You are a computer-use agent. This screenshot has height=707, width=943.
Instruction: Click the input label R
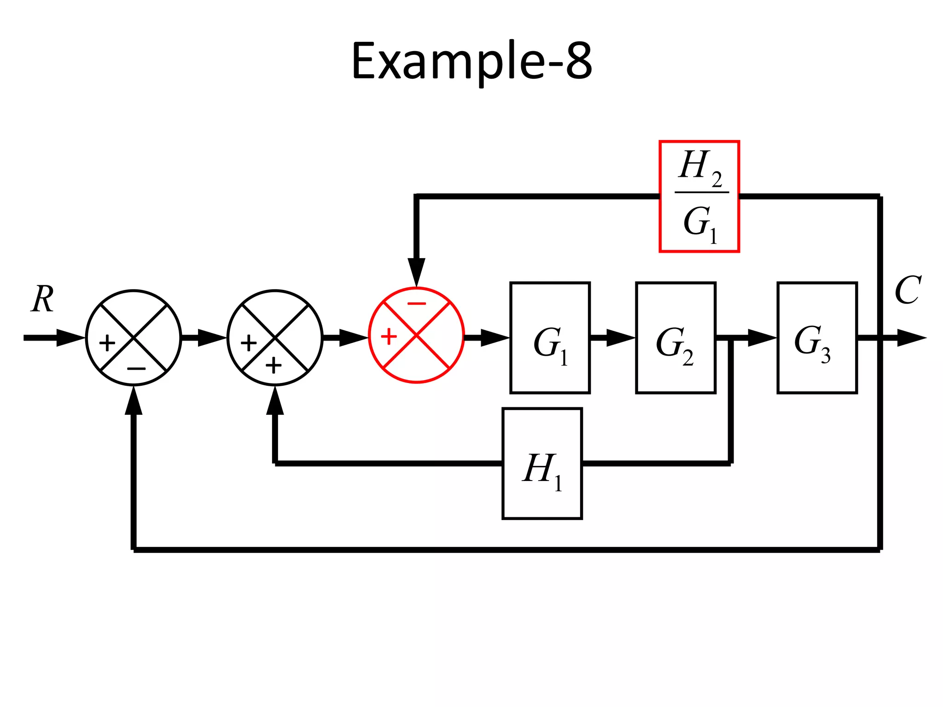click(43, 299)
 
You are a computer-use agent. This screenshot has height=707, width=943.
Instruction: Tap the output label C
click(907, 290)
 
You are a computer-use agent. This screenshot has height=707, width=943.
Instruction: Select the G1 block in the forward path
click(550, 337)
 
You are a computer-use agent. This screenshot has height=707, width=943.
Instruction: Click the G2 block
click(675, 337)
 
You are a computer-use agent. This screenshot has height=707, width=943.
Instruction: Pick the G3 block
click(817, 337)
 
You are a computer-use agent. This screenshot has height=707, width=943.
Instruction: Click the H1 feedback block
click(542, 464)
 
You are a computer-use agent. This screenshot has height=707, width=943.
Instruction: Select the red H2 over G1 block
click(699, 197)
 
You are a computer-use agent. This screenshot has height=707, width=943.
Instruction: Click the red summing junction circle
click(416, 335)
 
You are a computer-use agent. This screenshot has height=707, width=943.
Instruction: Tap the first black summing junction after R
click(134, 337)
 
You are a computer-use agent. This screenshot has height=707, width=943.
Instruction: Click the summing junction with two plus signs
click(275, 337)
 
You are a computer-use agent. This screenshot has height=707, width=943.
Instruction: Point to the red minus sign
click(417, 304)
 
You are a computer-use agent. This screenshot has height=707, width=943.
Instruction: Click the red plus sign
click(389, 336)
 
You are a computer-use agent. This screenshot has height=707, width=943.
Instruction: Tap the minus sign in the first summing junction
click(136, 369)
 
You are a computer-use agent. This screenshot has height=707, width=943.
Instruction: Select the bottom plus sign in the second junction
click(274, 366)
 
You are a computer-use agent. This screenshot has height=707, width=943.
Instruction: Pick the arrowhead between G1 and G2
click(620, 338)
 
